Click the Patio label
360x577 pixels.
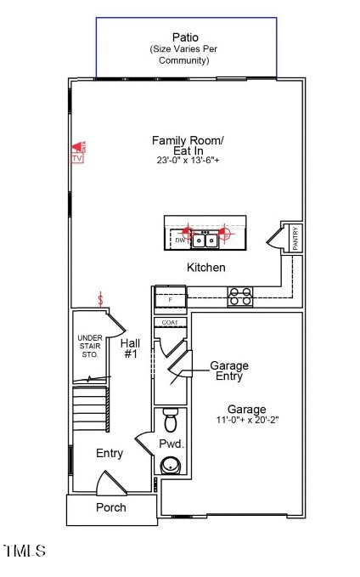(x=185, y=37)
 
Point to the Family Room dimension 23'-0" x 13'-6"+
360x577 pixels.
(x=188, y=161)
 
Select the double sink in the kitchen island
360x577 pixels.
(x=205, y=240)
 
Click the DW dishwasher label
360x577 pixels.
(x=180, y=240)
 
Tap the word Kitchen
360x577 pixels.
(x=206, y=268)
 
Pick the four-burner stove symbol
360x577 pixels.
(x=240, y=297)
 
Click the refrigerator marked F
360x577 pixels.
(x=170, y=300)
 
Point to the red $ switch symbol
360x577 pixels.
(x=102, y=299)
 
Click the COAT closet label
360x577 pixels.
(x=170, y=323)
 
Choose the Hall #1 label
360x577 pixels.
(x=131, y=348)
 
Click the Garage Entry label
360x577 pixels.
(x=229, y=371)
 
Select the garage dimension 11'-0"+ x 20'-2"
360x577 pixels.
(x=246, y=420)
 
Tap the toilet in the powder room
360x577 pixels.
(x=170, y=421)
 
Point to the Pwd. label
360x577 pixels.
(x=172, y=444)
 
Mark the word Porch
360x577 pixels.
(x=110, y=507)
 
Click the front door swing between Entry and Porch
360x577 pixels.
(x=110, y=485)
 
